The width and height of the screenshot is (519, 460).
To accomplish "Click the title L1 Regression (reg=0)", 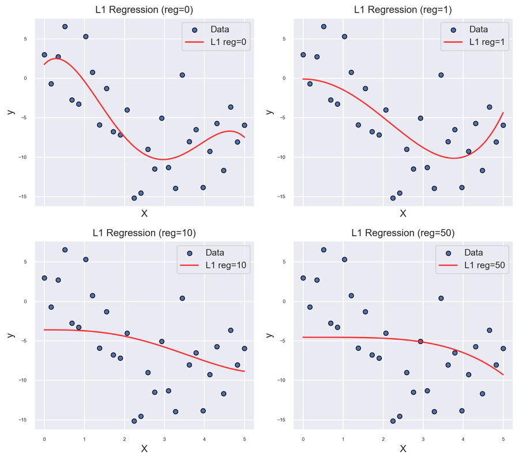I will pyautogui.click(x=144, y=10).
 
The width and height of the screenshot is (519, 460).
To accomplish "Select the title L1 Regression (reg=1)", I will pyautogui.click(x=403, y=10).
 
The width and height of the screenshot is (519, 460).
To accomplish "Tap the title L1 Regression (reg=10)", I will pyautogui.click(x=144, y=233).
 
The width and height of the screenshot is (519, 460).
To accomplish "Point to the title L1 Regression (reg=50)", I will pyautogui.click(x=403, y=233).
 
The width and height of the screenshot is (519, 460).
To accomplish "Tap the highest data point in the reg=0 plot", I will pyautogui.click(x=65, y=27).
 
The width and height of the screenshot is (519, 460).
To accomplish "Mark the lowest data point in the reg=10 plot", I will pyautogui.click(x=134, y=421).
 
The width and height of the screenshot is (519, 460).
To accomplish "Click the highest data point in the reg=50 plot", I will pyautogui.click(x=324, y=250).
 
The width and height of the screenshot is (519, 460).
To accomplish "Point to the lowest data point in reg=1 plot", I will pyautogui.click(x=393, y=198).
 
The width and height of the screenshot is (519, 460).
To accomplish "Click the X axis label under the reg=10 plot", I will pyautogui.click(x=144, y=449).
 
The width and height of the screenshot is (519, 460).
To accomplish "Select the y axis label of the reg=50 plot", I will pyautogui.click(x=269, y=335).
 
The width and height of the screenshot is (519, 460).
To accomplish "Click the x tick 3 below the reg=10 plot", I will pyautogui.click(x=164, y=439).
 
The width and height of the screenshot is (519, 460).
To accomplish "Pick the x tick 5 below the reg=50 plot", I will pyautogui.click(x=503, y=439).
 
